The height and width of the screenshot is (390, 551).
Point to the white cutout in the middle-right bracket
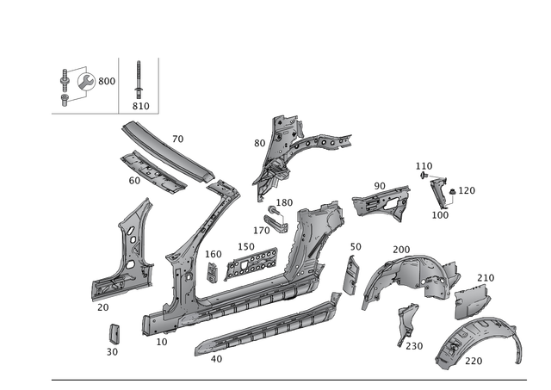click(389, 204)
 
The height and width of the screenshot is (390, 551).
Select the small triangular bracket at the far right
click(442, 191)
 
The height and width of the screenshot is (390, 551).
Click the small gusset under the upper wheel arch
click(405, 323)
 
